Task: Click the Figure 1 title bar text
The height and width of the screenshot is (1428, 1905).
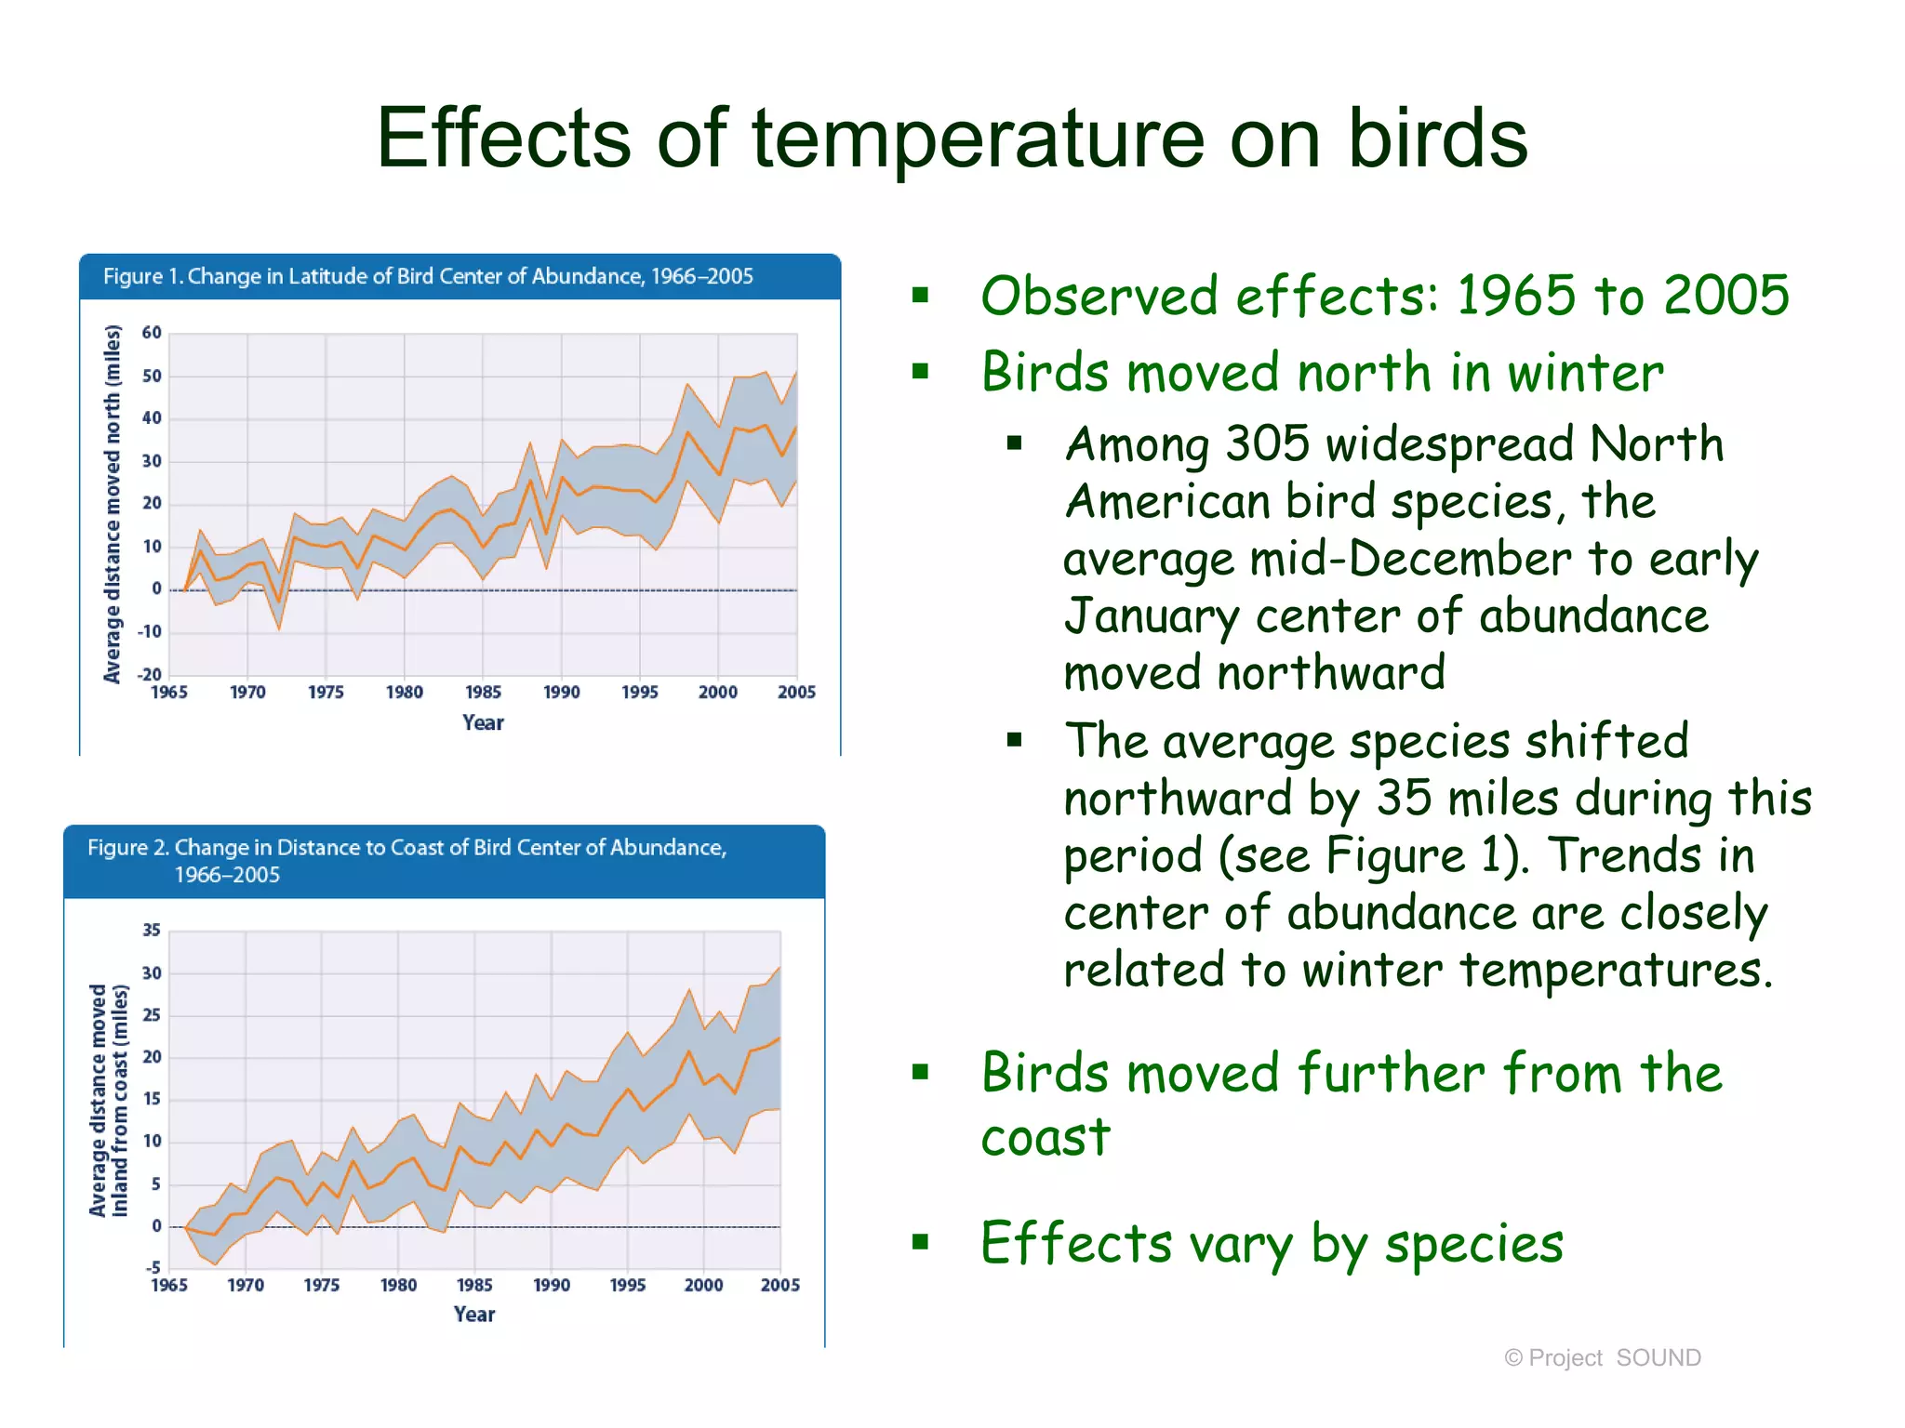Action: click(428, 276)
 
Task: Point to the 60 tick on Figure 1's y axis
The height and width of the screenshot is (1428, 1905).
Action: click(152, 333)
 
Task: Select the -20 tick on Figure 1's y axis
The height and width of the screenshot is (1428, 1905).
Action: click(150, 674)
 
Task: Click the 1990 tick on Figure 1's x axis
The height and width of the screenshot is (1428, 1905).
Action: click(561, 693)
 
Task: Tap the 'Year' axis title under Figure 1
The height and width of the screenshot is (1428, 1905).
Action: click(483, 723)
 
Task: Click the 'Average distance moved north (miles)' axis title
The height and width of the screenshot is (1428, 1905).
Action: click(113, 504)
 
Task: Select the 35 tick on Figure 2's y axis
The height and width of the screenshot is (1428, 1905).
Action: click(152, 931)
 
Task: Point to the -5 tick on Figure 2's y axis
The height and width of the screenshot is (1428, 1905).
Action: click(153, 1268)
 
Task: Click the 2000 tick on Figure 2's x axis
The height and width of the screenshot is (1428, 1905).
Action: click(703, 1286)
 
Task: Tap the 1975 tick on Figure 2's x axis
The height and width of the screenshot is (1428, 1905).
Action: click(322, 1286)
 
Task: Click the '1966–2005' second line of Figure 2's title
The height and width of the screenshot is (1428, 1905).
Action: click(227, 875)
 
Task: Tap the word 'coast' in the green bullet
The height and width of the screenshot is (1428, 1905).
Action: click(1046, 1138)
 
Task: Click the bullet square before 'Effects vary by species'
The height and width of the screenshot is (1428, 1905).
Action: click(921, 1242)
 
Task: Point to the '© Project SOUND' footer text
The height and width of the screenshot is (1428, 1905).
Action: click(1602, 1358)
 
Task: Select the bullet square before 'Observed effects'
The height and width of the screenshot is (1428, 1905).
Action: click(921, 296)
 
